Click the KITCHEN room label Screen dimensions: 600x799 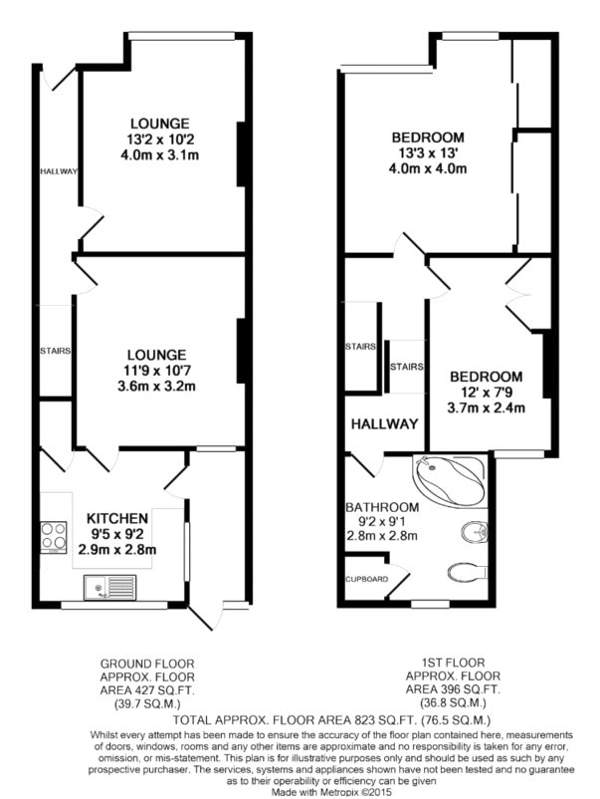(x=117, y=518)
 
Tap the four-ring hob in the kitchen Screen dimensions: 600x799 (x=54, y=537)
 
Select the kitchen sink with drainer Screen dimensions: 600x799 (x=110, y=587)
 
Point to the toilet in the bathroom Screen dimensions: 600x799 (x=469, y=572)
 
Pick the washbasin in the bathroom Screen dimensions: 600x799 (x=476, y=532)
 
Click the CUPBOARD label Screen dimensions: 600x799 (x=366, y=579)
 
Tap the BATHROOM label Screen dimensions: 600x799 (x=382, y=507)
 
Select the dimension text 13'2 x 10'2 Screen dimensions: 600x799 (x=160, y=138)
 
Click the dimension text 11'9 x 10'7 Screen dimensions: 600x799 (x=157, y=371)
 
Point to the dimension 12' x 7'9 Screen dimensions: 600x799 (x=486, y=393)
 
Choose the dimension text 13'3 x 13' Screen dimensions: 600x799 (x=428, y=152)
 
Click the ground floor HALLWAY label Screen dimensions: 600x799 (x=59, y=171)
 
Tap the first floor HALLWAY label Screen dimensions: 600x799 (x=385, y=424)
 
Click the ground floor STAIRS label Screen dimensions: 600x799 (x=55, y=351)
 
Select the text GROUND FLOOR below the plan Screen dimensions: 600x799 (x=147, y=664)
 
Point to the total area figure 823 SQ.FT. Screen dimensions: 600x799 (x=382, y=720)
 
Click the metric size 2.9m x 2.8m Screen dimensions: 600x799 (x=117, y=550)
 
